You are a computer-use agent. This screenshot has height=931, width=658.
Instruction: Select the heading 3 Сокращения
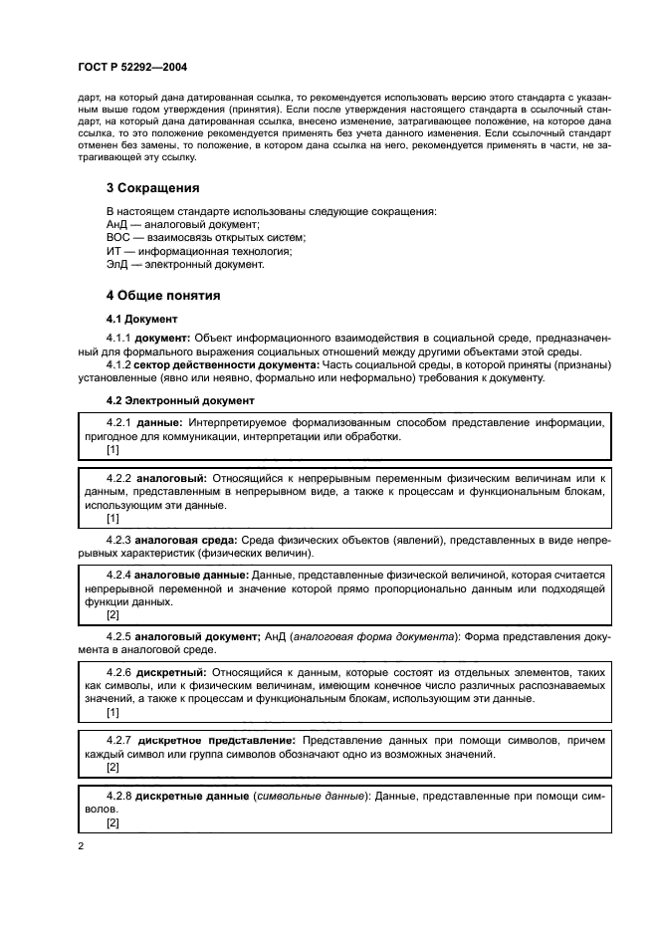pyautogui.click(x=153, y=187)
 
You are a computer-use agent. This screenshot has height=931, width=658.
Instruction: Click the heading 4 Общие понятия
pyautogui.click(x=163, y=296)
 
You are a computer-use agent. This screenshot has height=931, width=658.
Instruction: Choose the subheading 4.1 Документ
pyautogui.click(x=141, y=320)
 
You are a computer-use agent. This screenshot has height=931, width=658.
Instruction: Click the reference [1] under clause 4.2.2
pyautogui.click(x=112, y=518)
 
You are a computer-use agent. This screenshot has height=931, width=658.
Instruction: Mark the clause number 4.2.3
pyautogui.click(x=119, y=539)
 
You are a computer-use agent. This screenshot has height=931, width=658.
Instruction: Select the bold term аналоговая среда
pyautogui.click(x=188, y=539)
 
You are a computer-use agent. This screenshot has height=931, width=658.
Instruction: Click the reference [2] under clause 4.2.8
pyautogui.click(x=112, y=823)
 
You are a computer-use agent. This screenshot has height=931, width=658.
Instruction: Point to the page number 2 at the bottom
pyautogui.click(x=80, y=846)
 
